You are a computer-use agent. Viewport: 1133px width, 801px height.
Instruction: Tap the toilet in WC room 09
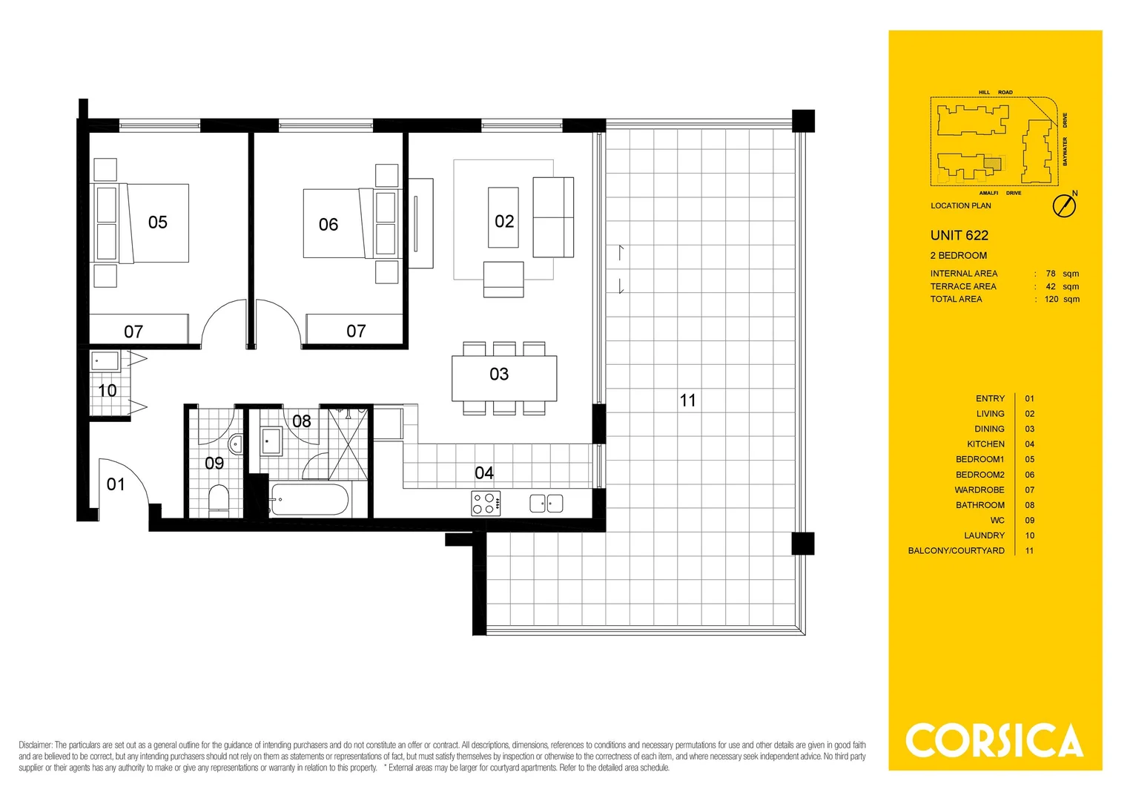(x=219, y=498)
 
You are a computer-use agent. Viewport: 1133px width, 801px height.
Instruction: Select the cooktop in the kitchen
(x=486, y=504)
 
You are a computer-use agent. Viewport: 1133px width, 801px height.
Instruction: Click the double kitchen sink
(x=546, y=504)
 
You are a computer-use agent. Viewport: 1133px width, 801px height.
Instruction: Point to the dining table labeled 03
(x=504, y=378)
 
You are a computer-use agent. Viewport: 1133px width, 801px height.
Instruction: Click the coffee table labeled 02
(x=503, y=217)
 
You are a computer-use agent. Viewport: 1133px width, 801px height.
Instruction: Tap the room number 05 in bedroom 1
(x=158, y=222)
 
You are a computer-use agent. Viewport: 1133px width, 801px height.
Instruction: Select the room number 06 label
(x=328, y=224)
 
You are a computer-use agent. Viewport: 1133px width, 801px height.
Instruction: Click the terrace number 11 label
(x=688, y=400)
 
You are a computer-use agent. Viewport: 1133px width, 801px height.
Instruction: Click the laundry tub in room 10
(x=105, y=362)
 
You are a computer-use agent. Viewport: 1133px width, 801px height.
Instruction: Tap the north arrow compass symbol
(x=1064, y=205)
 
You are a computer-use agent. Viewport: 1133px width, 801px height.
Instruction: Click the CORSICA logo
(x=994, y=740)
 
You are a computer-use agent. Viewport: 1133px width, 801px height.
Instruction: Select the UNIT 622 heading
(x=959, y=235)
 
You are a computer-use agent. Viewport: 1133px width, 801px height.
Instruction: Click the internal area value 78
(x=1051, y=274)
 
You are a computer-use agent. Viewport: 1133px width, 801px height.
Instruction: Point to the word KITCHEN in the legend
(x=985, y=444)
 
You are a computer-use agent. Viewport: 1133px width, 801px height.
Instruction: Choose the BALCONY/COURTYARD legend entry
(x=956, y=550)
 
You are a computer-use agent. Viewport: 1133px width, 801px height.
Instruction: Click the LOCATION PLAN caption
(x=960, y=205)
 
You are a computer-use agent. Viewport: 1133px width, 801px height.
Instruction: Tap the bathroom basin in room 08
(x=271, y=441)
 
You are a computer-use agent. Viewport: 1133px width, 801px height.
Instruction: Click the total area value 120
(x=1051, y=299)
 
